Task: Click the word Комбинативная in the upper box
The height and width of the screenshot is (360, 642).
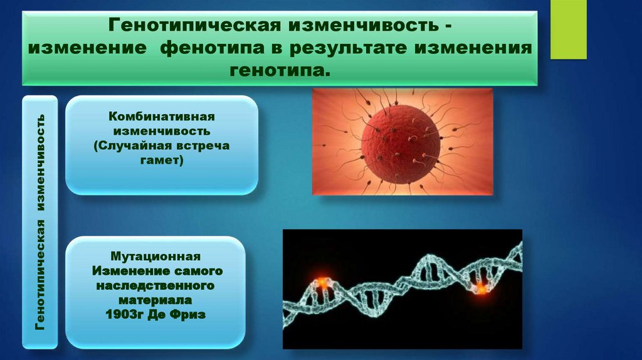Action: [162, 117]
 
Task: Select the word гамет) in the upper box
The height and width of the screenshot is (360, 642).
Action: [161, 161]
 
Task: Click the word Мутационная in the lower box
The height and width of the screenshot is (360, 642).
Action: [155, 257]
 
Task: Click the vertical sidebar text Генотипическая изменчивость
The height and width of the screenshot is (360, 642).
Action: [40, 221]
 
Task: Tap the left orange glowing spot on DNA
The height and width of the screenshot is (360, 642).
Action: [322, 283]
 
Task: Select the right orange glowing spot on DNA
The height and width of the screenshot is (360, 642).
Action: [480, 287]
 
